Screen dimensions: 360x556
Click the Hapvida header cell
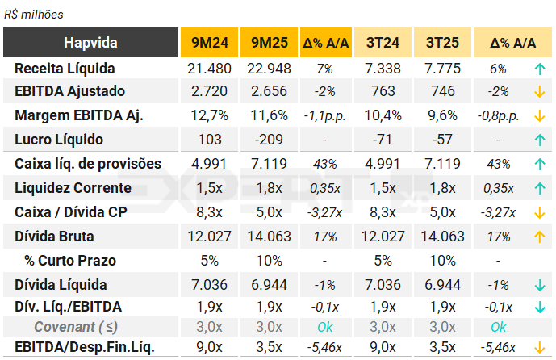90,43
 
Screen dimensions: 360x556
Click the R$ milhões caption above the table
34,15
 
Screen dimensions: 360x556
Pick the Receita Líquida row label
65,68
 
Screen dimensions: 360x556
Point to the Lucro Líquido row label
56,140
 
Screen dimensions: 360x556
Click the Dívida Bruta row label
54,237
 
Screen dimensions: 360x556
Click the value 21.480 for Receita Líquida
209,68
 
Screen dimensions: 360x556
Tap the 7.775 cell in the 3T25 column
443,68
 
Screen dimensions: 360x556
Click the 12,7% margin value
209,116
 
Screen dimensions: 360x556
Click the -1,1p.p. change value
324,116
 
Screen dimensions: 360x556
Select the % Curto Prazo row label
70,261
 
